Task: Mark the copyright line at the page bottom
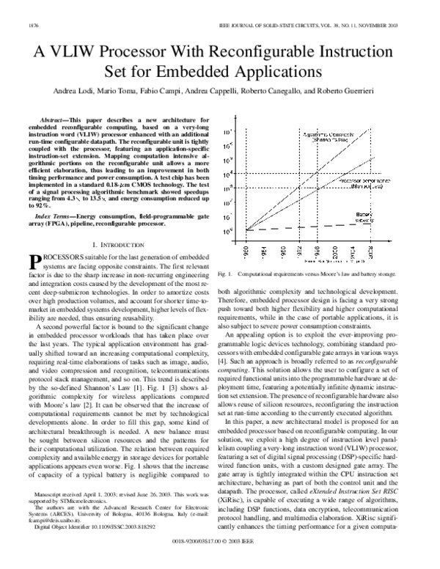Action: [x=220, y=559]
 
